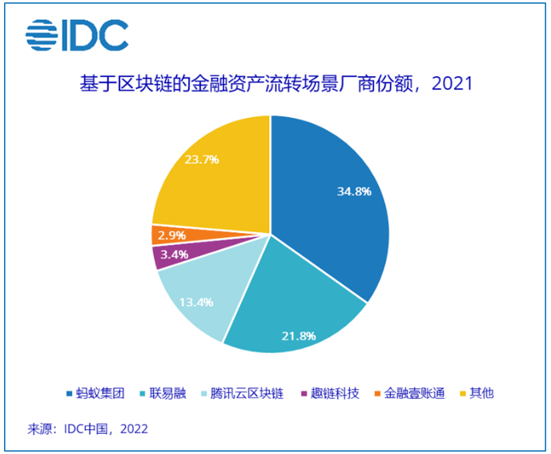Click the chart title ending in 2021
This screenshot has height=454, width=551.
coord(275,83)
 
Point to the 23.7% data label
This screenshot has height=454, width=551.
coord(202,159)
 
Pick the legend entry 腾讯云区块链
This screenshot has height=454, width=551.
coord(248,394)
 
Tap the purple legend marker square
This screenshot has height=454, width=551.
coord(303,394)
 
